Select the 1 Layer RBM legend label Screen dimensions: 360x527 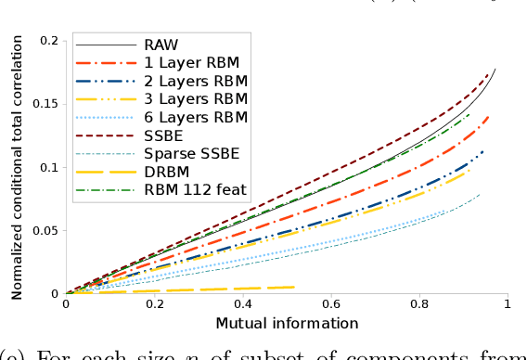pyautogui.click(x=191, y=62)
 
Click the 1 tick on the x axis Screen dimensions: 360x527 pyautogui.click(x=508, y=303)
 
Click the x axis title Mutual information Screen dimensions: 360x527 pyautogui.click(x=287, y=323)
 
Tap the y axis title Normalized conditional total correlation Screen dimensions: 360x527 pyautogui.click(x=17, y=167)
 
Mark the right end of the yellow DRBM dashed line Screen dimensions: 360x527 pyautogui.click(x=296, y=287)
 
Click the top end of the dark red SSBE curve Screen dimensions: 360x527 pyautogui.click(x=489, y=74)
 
